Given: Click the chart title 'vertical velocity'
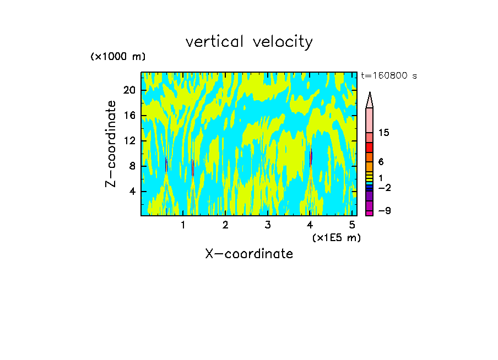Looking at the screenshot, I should click(x=249, y=42).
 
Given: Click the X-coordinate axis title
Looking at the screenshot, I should click(x=249, y=254).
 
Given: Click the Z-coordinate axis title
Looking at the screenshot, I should click(x=111, y=144).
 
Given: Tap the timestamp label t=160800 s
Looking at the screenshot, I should click(x=388, y=76).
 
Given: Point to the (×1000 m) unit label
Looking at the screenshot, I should click(x=118, y=57).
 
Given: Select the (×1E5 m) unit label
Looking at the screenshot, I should click(x=336, y=238).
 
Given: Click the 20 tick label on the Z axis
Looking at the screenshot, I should click(x=129, y=91).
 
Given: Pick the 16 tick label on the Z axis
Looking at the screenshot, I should click(x=129, y=116).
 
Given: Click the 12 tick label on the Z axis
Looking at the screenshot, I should click(x=129, y=141).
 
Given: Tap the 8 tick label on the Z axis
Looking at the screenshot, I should click(x=132, y=166).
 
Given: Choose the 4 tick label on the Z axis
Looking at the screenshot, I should click(x=132, y=192).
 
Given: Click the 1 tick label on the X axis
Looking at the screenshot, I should click(x=183, y=225).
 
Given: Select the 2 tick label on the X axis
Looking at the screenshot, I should click(x=225, y=225).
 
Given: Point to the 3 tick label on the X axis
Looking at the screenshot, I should click(x=267, y=225).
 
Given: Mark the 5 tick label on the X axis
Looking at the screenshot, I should click(x=351, y=225).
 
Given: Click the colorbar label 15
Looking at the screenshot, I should click(x=385, y=133).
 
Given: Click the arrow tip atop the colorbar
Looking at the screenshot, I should click(x=370, y=95).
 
